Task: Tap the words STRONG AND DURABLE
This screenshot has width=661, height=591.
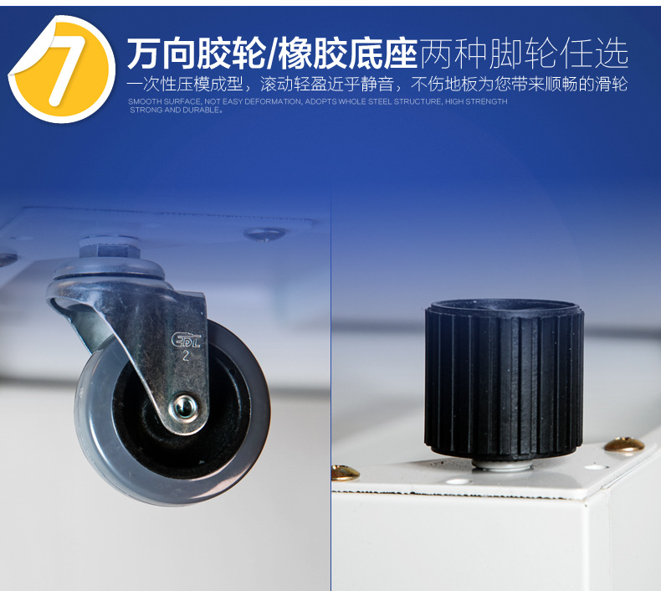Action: click(175, 110)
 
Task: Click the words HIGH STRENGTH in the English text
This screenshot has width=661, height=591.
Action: click(476, 101)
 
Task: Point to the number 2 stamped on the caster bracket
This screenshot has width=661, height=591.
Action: click(184, 355)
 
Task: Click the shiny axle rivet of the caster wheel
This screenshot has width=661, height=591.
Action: click(182, 408)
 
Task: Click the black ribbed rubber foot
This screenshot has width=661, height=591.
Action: click(504, 377)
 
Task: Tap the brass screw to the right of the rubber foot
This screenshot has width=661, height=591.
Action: click(624, 445)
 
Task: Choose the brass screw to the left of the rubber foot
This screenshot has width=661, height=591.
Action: click(344, 473)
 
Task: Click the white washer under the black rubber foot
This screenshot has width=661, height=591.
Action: click(502, 463)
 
